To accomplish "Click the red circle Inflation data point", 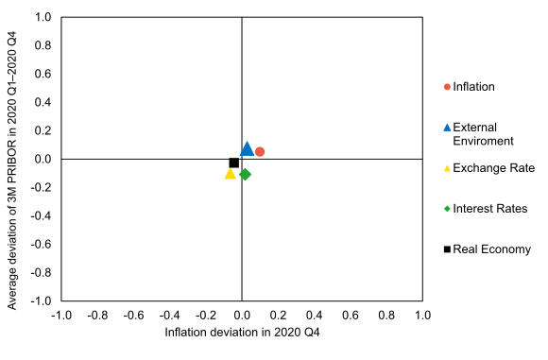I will (260, 151).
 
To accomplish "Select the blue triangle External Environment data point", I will (248, 148).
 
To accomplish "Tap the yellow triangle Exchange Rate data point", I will (230, 174).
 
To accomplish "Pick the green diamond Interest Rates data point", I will (245, 174).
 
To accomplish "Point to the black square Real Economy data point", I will (234, 163).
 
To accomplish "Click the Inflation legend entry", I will (473, 87).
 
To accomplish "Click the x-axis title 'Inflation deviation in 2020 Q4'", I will (243, 333).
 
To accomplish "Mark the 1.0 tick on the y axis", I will (43, 17).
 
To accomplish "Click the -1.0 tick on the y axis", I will (41, 300).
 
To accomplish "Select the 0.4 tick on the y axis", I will (43, 102).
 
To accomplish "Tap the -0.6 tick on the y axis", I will (41, 244).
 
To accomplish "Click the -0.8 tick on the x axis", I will (97, 315).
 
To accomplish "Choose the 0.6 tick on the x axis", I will (351, 315).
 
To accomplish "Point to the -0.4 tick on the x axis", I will (170, 315).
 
